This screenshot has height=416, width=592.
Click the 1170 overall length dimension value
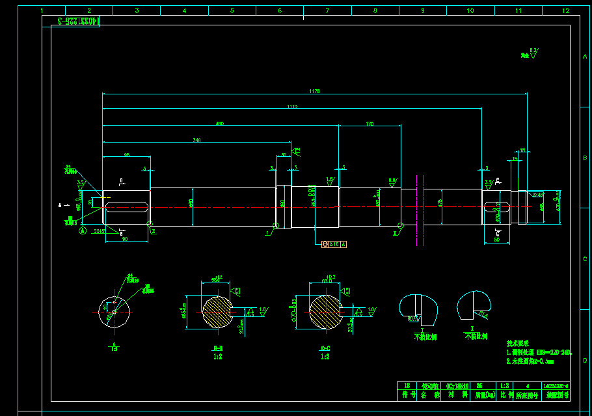(315, 92)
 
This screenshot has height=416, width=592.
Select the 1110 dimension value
(291, 107)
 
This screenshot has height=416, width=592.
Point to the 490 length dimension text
(220, 123)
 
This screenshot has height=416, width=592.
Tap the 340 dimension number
(196, 139)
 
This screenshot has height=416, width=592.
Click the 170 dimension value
(370, 123)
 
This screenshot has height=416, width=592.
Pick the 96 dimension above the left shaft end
(126, 154)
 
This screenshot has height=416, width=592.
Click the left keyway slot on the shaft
(126, 208)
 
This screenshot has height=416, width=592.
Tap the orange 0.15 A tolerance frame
(334, 244)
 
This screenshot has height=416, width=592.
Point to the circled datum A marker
(83, 230)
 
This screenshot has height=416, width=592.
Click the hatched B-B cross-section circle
(217, 311)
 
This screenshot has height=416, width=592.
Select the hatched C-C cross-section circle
(323, 311)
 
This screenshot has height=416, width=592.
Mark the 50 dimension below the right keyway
(497, 240)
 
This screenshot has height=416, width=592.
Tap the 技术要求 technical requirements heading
(518, 343)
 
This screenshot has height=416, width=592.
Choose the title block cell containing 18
(408, 385)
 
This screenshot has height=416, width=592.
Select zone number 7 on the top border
(327, 10)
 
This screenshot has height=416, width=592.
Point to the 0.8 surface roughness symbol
(392, 180)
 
